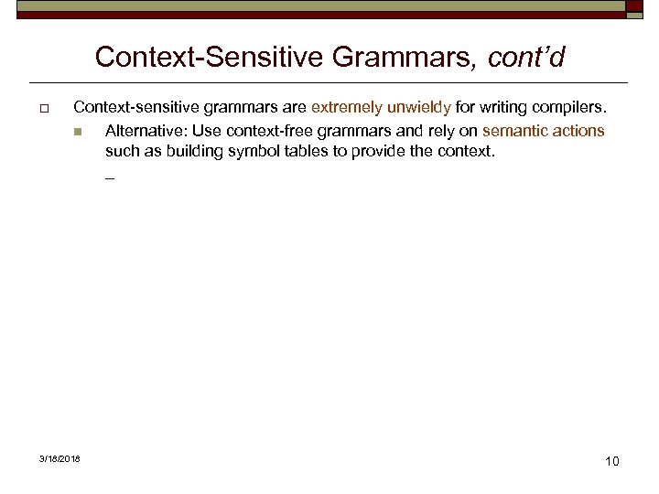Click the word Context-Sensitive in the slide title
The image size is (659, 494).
tap(210, 58)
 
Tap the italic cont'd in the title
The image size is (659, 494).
tap(526, 58)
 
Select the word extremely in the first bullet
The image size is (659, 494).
tap(348, 108)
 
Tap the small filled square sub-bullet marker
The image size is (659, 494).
tap(79, 132)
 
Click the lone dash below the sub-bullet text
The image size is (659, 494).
tap(110, 177)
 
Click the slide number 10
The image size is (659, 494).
tap(611, 461)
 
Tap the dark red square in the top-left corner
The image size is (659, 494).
tap(7, 8)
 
